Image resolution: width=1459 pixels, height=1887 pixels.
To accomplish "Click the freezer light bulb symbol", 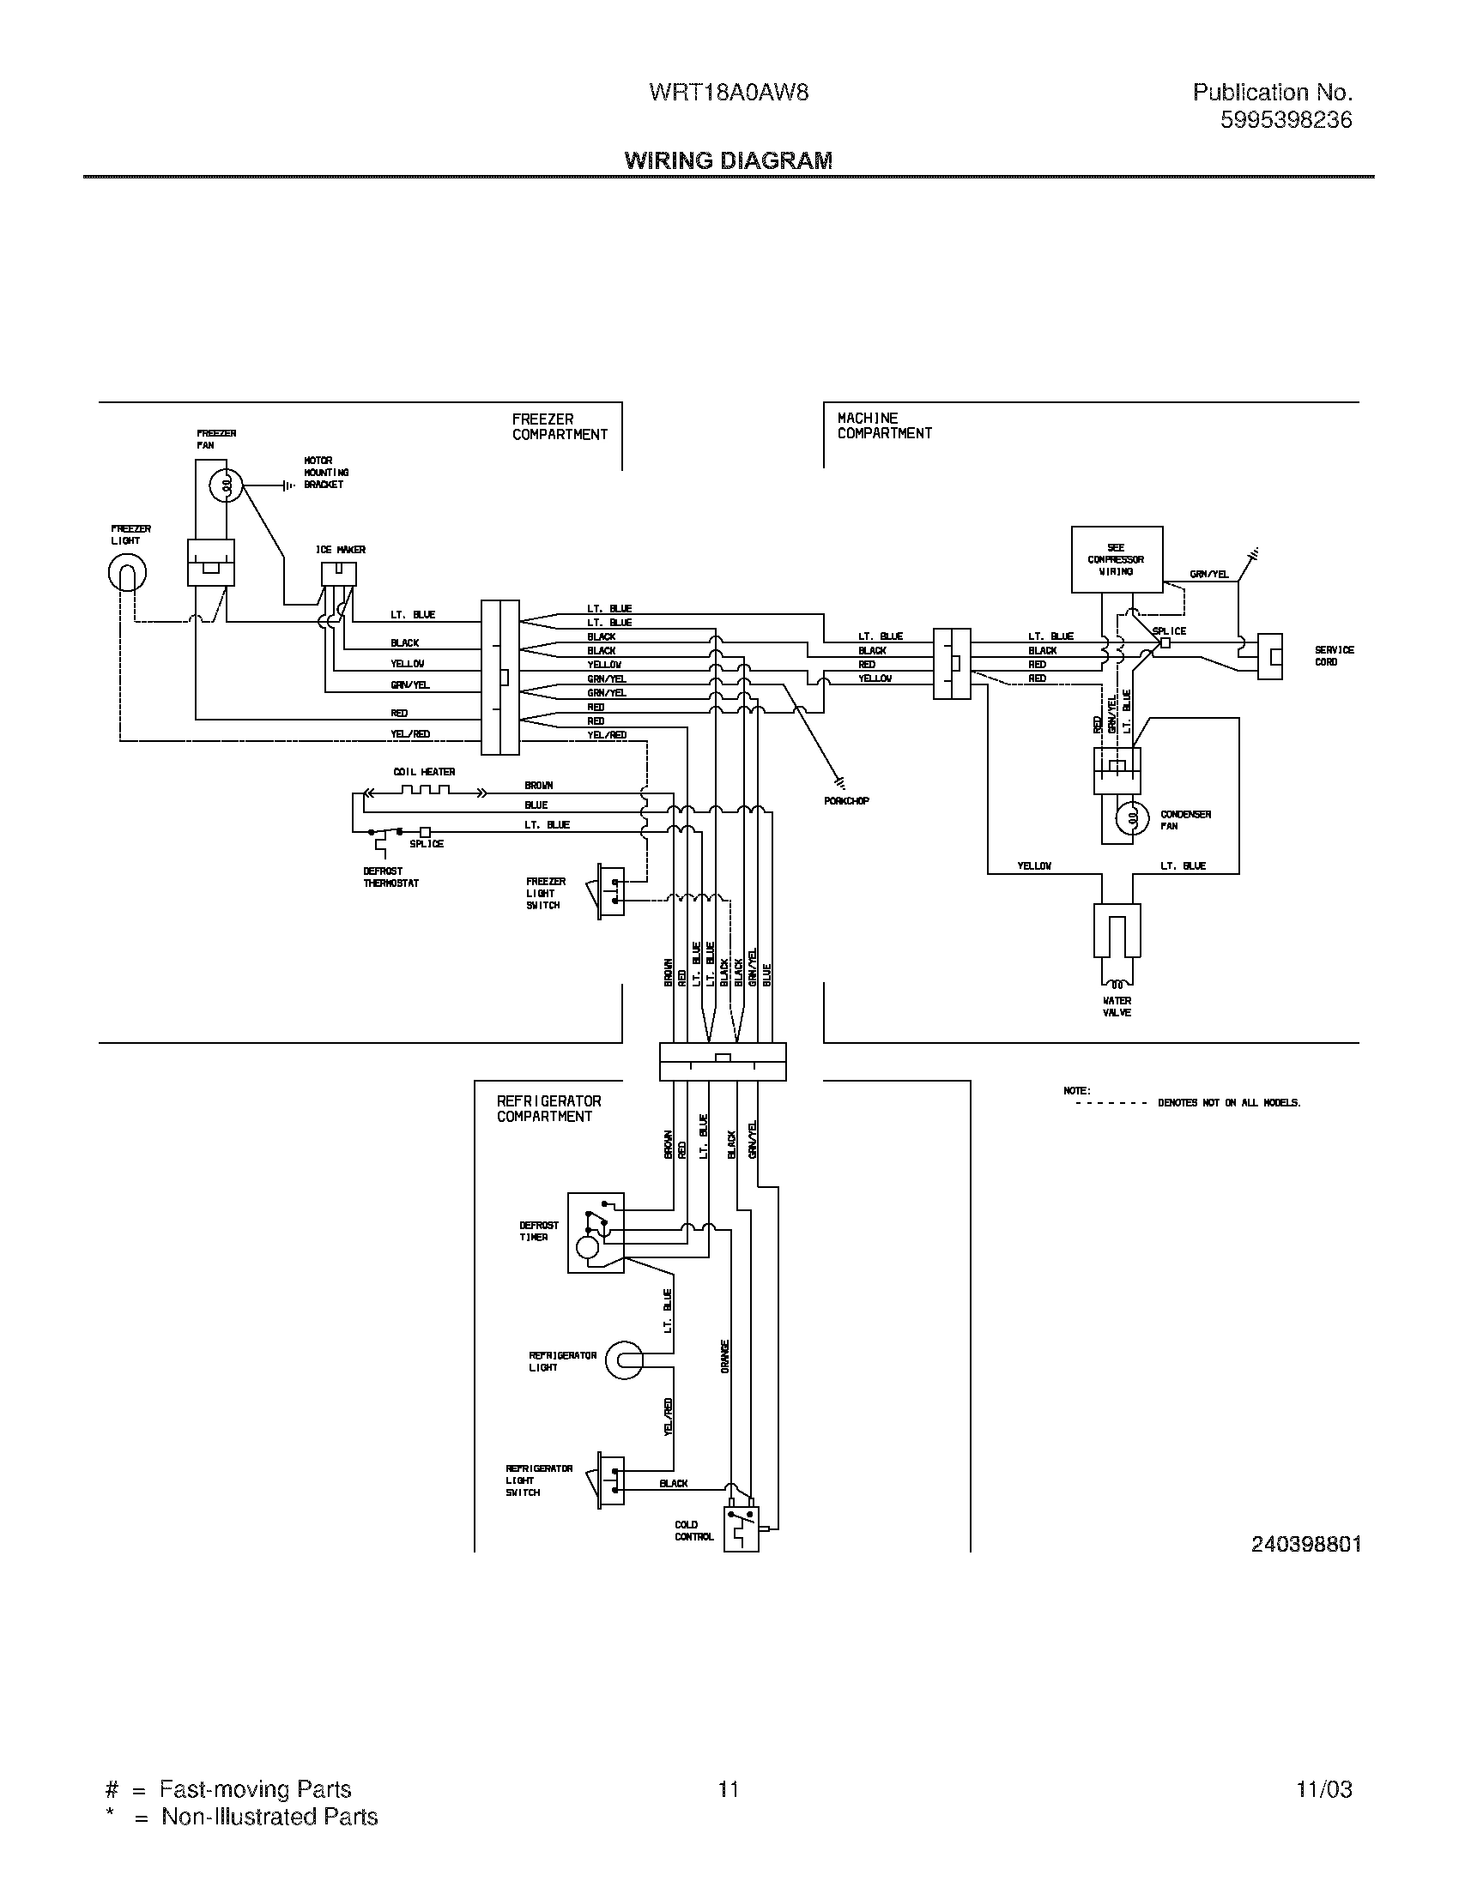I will pos(127,572).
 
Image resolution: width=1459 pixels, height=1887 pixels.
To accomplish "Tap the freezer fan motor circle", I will pos(226,486).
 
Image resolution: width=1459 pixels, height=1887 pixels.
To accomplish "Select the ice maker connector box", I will pos(339,574).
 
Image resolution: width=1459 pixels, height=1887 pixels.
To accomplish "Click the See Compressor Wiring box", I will pos(1116,559).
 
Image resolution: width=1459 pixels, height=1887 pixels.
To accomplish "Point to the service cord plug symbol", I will pos(1268,657).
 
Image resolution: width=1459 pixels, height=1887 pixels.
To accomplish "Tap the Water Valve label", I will pos(1117,1007).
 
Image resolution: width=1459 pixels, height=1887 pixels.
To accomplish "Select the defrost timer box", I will pos(595,1232).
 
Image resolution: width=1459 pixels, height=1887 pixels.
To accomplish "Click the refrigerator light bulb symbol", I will pos(623,1361).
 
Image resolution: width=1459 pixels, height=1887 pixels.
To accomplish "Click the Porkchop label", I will pos(846,801).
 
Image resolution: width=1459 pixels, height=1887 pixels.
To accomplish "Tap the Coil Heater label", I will pos(423,772).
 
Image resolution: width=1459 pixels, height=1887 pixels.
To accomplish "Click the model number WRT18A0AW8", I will pos(728,93).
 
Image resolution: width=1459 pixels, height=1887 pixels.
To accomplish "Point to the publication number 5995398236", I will pos(1286,120).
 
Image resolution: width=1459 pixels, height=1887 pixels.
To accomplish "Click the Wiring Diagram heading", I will pos(728,160).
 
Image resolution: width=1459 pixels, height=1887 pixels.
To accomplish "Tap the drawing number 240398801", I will pos(1305,1544).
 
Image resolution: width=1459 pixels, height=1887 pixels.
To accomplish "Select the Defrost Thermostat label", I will pos(390,877).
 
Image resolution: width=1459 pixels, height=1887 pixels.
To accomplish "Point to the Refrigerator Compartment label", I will pos(548,1108).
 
